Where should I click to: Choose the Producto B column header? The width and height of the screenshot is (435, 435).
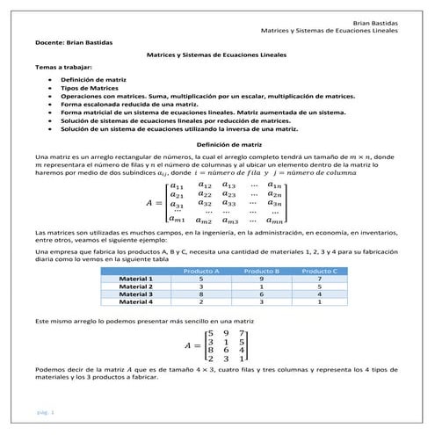pyautogui.click(x=261, y=271)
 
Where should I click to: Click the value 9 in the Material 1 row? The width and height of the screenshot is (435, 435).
pyautogui.click(x=261, y=279)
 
